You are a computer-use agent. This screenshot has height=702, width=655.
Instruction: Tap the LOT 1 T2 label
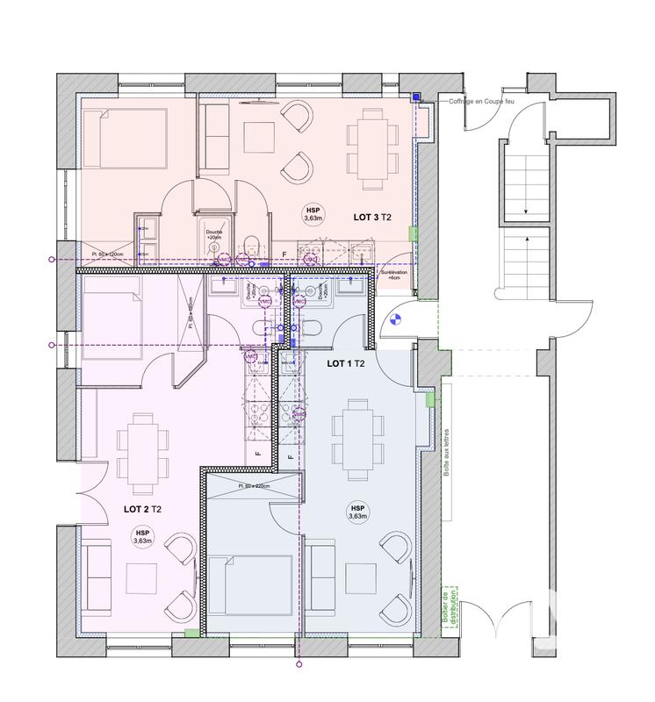point(346,363)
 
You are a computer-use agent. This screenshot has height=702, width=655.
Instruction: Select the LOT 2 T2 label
point(141,508)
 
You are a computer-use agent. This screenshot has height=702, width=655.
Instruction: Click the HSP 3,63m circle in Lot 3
point(313,214)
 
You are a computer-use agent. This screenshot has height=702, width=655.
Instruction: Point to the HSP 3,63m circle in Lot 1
point(357,512)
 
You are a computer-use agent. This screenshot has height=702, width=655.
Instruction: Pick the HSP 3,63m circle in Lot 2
point(141,537)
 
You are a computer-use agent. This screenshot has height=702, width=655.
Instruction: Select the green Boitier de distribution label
point(450,608)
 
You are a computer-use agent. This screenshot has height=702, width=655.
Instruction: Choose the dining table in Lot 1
point(356,431)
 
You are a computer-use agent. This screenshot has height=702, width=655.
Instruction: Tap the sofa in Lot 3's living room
point(213,136)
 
